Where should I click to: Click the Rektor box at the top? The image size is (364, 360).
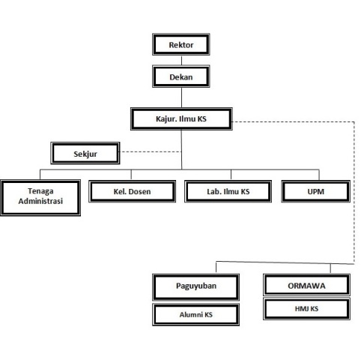click(x=181, y=44)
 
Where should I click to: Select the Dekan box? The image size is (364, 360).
click(x=181, y=76)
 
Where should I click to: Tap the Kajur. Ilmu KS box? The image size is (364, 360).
click(x=181, y=118)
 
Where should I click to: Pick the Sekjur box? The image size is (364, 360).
click(x=85, y=153)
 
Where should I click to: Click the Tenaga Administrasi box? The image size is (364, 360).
click(x=40, y=197)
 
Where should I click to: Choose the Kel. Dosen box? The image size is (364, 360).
click(x=132, y=191)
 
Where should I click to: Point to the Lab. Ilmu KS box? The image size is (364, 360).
click(x=228, y=191)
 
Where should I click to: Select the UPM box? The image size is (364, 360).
click(x=316, y=191)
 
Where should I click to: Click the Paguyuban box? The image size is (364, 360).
click(x=196, y=286)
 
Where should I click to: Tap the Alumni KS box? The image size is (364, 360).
click(x=196, y=314)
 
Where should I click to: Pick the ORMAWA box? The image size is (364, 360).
click(x=306, y=285)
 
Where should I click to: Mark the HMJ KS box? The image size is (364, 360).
click(x=306, y=309)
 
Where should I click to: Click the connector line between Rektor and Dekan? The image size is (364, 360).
click(x=181, y=61)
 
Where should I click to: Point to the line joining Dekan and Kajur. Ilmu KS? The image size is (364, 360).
click(x=181, y=97)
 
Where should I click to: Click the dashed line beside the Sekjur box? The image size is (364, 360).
click(x=151, y=151)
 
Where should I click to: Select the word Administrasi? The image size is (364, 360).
click(x=40, y=201)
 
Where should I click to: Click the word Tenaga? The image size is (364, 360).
click(x=40, y=191)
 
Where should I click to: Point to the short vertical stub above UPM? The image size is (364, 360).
click(x=319, y=175)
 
